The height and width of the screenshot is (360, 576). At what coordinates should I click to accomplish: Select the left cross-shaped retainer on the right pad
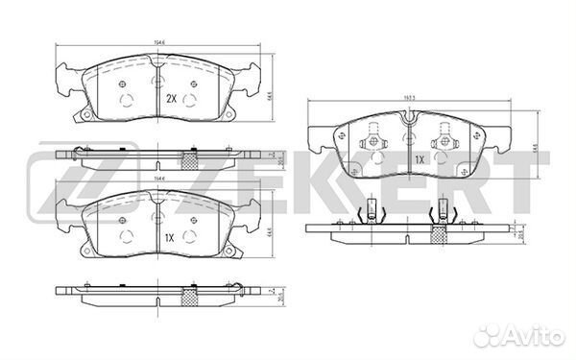coord(371,141)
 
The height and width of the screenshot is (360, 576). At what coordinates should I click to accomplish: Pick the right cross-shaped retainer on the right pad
coord(443,141)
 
